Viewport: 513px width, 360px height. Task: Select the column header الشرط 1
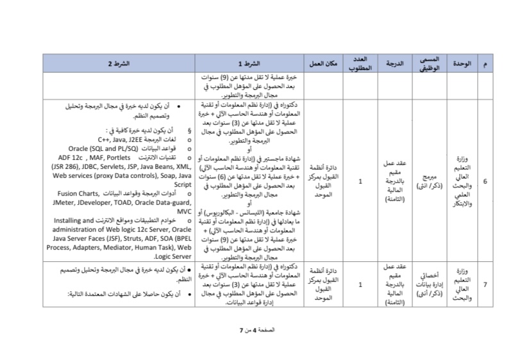coord(253,64)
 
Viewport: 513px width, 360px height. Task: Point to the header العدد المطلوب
coord(360,64)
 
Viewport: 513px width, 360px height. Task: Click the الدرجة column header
coord(395,64)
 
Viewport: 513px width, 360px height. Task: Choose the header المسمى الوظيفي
coord(429,64)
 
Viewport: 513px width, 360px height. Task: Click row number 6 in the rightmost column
coord(484,182)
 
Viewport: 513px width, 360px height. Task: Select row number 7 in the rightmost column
coord(484,284)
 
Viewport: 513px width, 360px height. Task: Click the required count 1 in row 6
coord(360,182)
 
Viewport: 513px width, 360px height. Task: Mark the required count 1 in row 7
coord(360,284)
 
